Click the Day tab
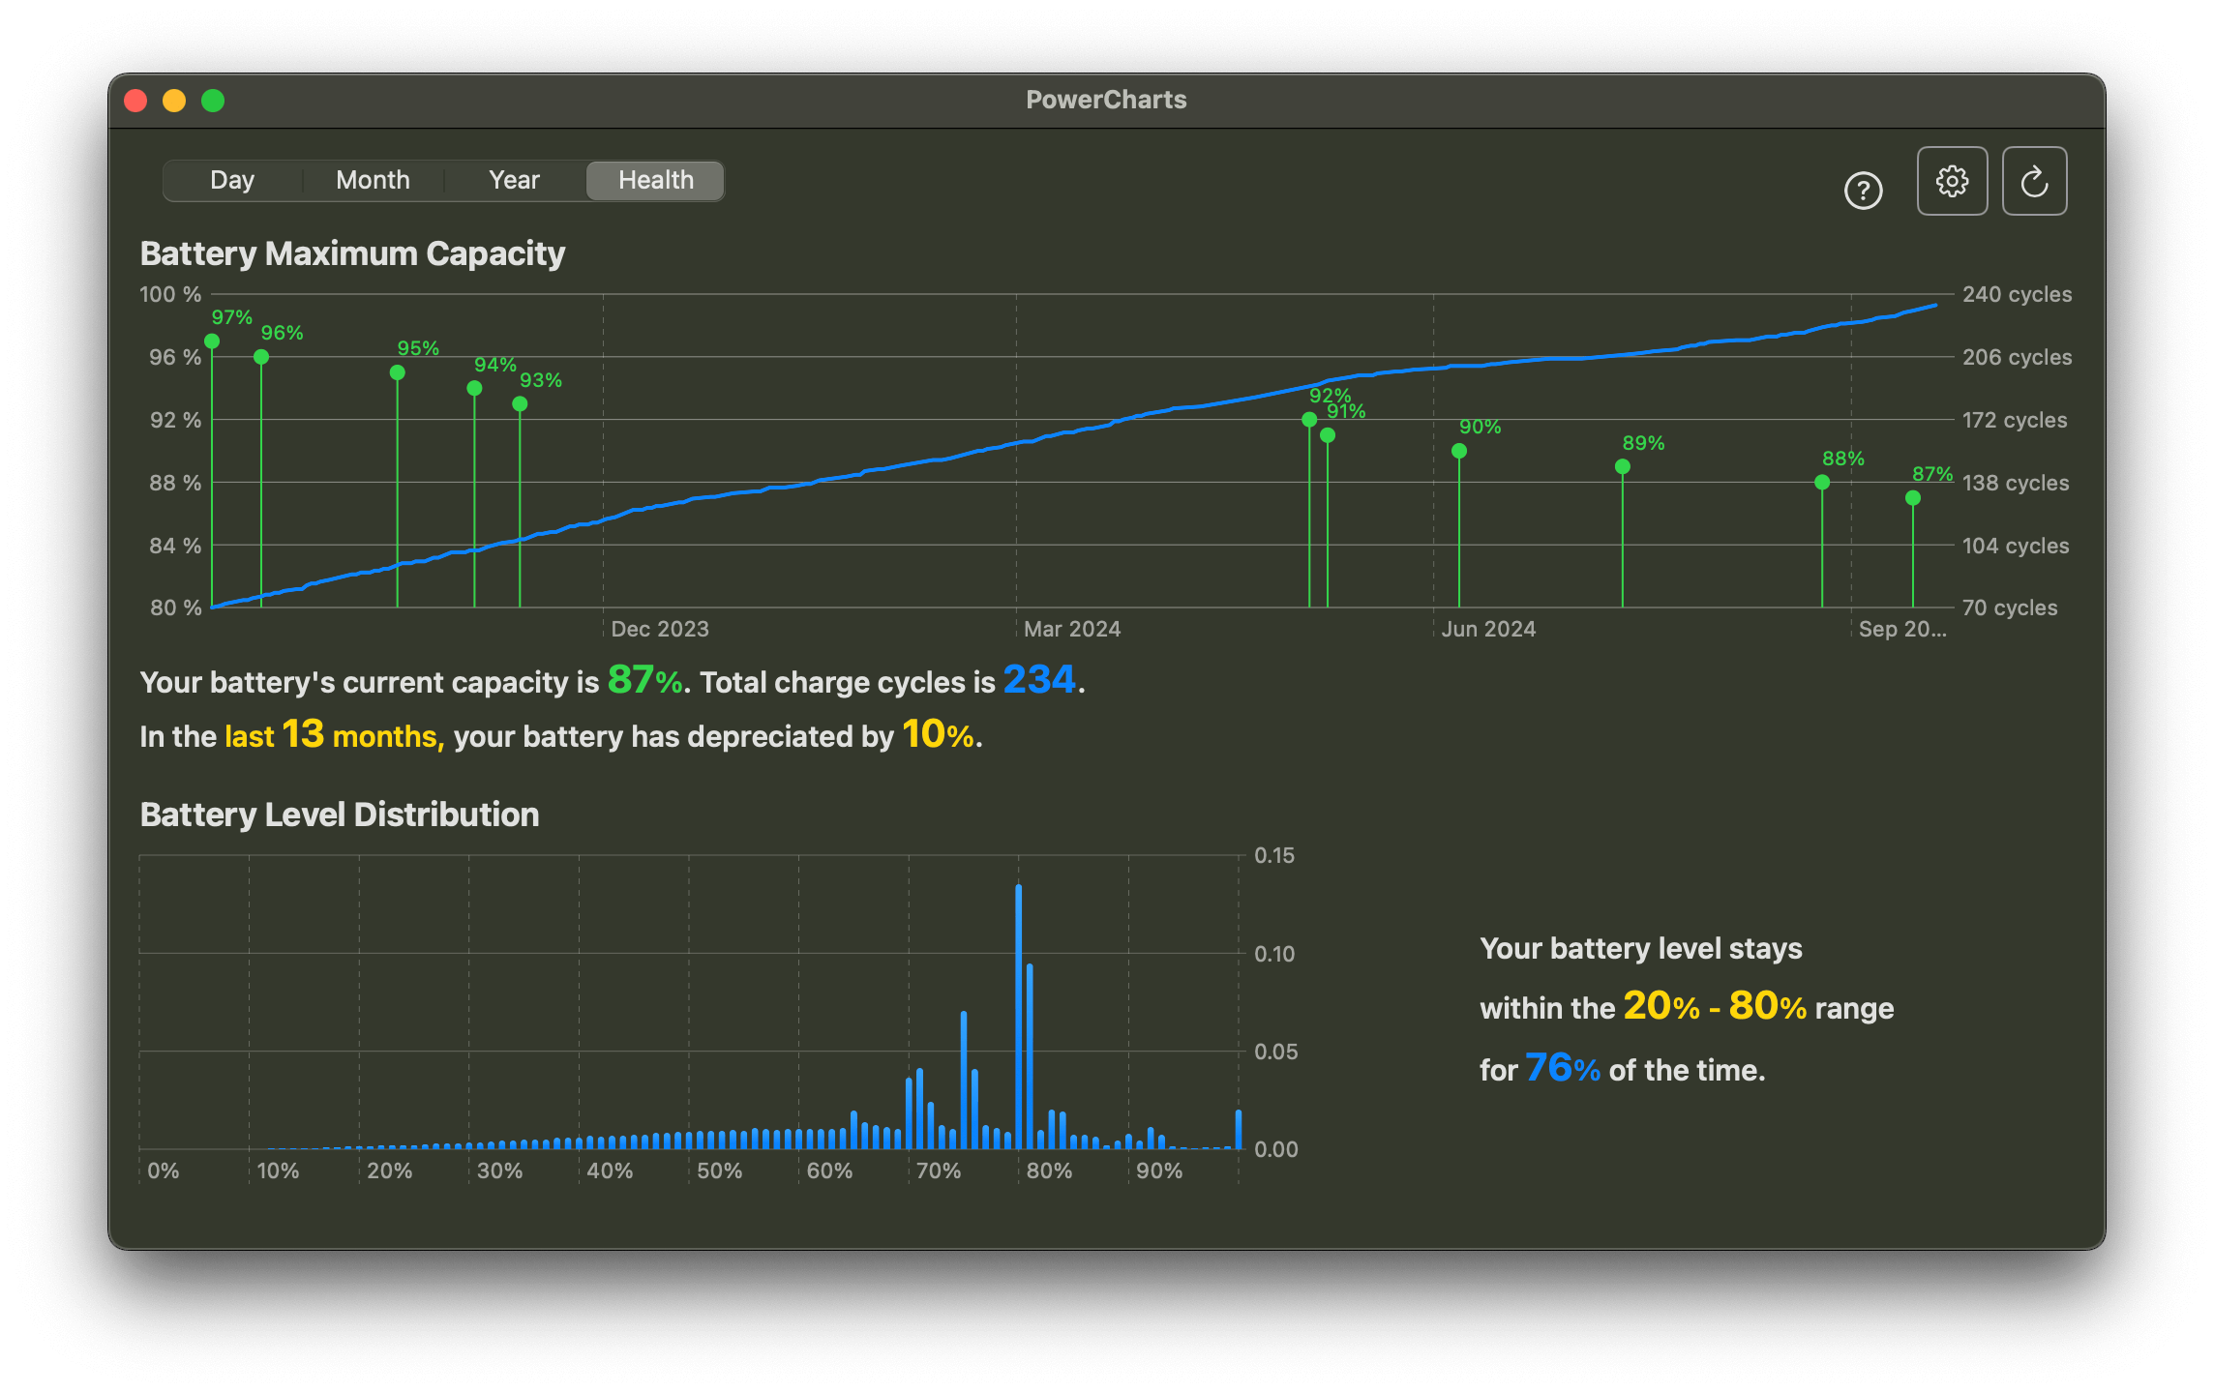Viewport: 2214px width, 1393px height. [232, 181]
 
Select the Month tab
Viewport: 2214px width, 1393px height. [373, 181]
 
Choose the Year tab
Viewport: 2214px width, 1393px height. [514, 181]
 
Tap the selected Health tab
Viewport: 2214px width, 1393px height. [655, 181]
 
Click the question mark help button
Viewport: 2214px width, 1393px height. [1863, 191]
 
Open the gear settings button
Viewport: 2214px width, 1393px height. [1952, 181]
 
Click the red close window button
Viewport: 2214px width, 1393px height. [136, 101]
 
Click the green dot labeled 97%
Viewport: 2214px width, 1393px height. [212, 341]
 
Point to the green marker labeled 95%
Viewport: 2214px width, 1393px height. [398, 372]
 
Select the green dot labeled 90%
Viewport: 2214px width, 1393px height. [1459, 451]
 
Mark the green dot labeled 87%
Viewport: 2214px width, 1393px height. [1913, 498]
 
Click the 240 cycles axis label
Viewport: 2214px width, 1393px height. [2017, 294]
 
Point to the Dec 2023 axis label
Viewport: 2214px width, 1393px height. [660, 629]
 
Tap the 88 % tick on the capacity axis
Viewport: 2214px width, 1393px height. [175, 483]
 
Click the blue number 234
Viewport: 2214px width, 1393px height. [1039, 680]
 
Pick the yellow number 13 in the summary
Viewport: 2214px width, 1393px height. [303, 734]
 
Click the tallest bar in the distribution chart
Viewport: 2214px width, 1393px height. [1019, 1016]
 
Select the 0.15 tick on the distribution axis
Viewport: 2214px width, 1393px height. [1273, 855]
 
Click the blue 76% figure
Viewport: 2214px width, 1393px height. [1562, 1068]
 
